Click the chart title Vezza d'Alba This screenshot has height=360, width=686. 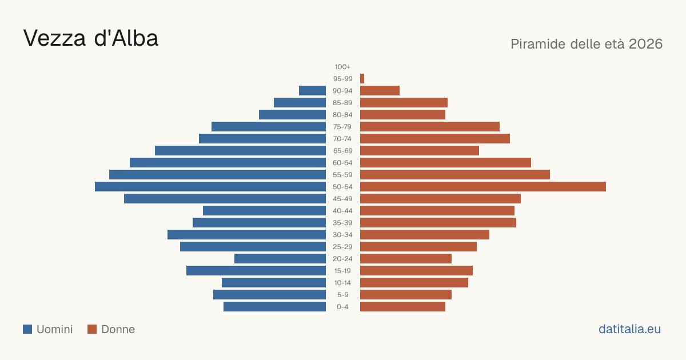click(91, 38)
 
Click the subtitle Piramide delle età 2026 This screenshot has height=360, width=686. click(587, 44)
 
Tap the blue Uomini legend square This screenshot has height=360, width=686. click(27, 329)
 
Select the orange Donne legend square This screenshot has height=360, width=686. click(92, 329)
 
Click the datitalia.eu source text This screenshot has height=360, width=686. click(629, 329)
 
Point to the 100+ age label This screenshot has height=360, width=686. click(342, 67)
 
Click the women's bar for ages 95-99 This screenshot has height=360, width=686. click(362, 79)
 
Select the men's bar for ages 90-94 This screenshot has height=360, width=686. click(312, 91)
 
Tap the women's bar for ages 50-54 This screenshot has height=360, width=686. click(483, 187)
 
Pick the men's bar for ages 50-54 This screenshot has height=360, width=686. click(210, 187)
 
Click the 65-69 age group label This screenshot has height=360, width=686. click(342, 151)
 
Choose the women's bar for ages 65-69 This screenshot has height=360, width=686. click(420, 151)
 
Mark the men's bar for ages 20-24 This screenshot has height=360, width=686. click(280, 259)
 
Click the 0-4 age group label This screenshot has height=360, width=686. click(342, 307)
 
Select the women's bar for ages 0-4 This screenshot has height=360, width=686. click(402, 307)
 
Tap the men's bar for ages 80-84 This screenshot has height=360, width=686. click(293, 115)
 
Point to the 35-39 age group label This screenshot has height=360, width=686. click(342, 223)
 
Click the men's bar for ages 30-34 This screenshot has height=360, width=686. click(246, 235)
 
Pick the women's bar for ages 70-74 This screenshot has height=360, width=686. click(435, 139)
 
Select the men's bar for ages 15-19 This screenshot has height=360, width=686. click(256, 271)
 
